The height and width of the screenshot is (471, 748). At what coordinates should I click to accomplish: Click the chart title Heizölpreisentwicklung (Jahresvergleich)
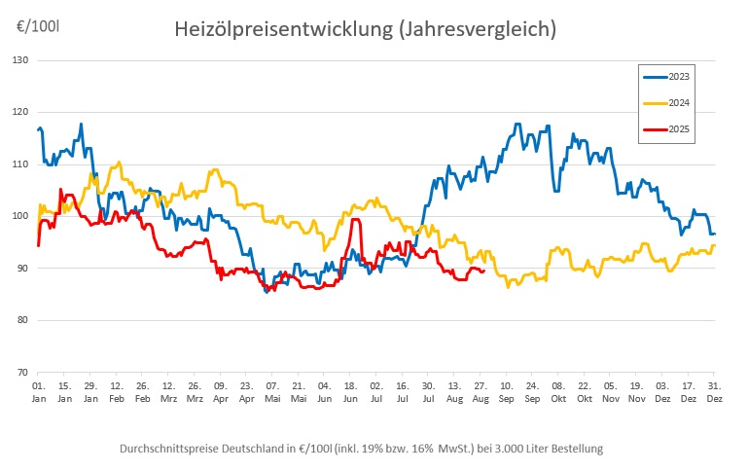click(365, 30)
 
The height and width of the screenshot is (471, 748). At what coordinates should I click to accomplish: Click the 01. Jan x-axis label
click(37, 392)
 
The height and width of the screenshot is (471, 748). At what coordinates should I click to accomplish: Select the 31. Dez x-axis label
click(714, 392)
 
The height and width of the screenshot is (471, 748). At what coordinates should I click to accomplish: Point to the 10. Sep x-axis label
click(506, 392)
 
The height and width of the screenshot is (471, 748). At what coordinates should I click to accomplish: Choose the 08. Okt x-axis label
click(557, 392)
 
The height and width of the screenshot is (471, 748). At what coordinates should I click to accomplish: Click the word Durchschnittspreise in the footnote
click(166, 449)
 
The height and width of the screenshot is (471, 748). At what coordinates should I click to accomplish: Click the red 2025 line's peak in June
click(355, 220)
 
